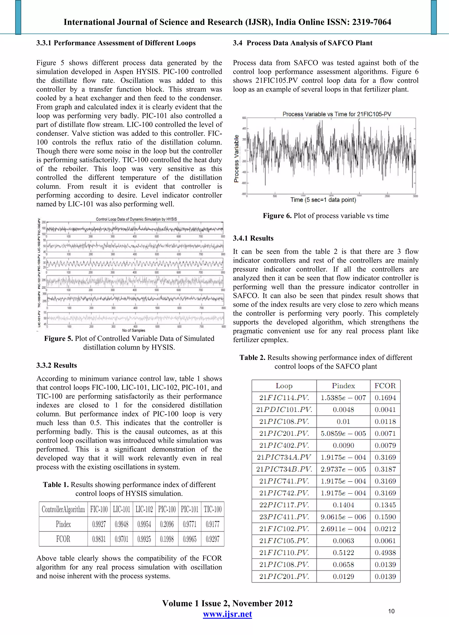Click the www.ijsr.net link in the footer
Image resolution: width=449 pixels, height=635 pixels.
(227, 614)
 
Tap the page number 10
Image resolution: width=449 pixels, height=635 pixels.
(391, 611)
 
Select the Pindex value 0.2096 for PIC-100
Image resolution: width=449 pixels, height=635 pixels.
(167, 524)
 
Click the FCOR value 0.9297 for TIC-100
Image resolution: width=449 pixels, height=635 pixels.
(212, 539)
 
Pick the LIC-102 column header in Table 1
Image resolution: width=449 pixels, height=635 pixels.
(144, 509)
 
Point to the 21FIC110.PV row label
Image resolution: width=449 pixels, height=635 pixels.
(284, 553)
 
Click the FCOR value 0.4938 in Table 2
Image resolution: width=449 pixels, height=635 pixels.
(385, 553)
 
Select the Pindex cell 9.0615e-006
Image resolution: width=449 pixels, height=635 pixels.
(343, 517)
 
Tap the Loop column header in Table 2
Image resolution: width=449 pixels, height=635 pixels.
(284, 386)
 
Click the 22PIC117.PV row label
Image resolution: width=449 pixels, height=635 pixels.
(284, 505)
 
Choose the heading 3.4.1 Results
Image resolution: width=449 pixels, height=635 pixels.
(253, 238)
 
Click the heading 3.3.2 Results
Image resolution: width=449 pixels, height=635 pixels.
(57, 365)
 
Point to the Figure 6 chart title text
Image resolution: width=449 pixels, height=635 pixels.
(337, 114)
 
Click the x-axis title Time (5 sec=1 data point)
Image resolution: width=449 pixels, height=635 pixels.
(323, 200)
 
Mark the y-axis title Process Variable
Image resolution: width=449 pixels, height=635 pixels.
(237, 158)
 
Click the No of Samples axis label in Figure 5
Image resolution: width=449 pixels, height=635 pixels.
(134, 330)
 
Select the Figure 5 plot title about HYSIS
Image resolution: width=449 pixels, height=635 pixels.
(136, 219)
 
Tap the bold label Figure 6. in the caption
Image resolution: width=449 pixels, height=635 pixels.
(277, 216)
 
